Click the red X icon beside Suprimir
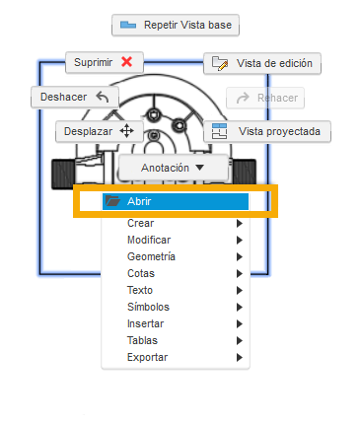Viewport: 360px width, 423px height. tap(126, 62)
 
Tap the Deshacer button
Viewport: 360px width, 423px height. tap(75, 97)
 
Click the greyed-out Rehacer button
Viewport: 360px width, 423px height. tap(264, 98)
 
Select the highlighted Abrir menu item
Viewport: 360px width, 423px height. tap(176, 201)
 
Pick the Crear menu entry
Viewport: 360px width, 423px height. tap(141, 223)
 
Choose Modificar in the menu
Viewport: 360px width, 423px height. tap(149, 240)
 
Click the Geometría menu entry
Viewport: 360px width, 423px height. tap(151, 256)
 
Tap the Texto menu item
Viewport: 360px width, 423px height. tap(140, 290)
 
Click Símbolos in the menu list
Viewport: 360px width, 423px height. tap(148, 307)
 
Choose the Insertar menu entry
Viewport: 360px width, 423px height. tap(146, 323)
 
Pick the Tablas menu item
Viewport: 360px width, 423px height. tap(142, 340)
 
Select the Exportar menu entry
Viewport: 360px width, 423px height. tap(148, 357)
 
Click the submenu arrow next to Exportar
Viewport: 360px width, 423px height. tap(240, 357)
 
